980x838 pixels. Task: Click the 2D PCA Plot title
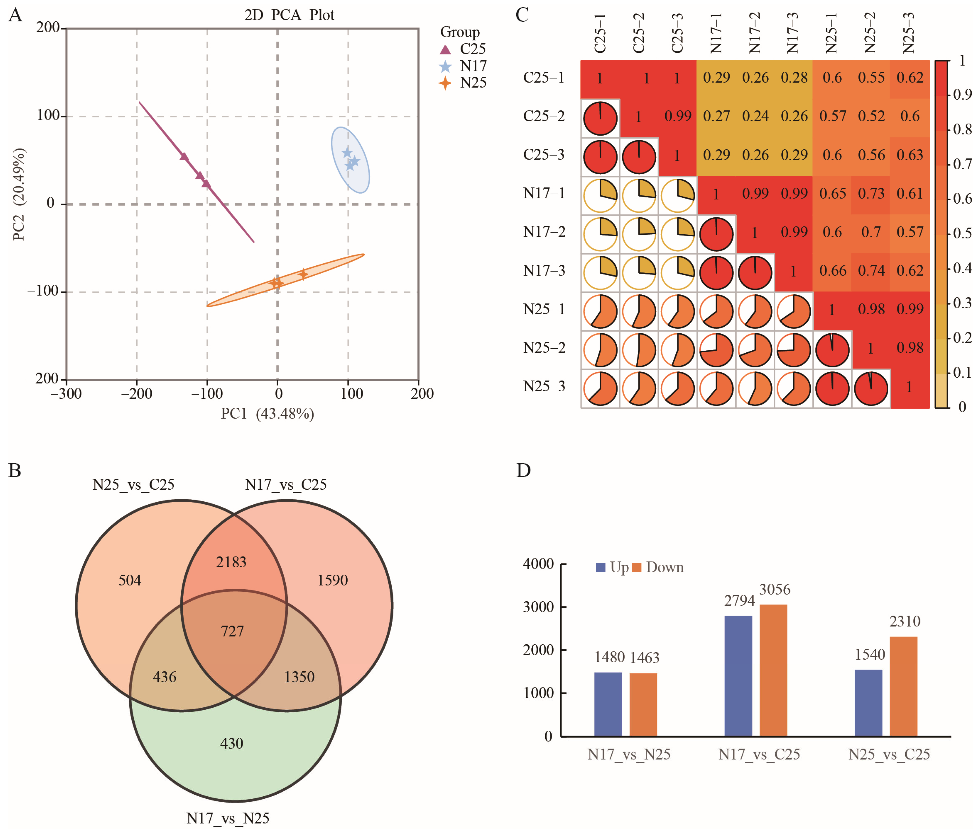289,15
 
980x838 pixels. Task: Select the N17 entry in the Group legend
473,66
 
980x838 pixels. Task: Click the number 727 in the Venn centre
232,631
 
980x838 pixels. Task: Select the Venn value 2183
231,562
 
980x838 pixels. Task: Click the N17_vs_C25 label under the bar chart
759,754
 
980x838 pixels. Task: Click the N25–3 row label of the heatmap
544,386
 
